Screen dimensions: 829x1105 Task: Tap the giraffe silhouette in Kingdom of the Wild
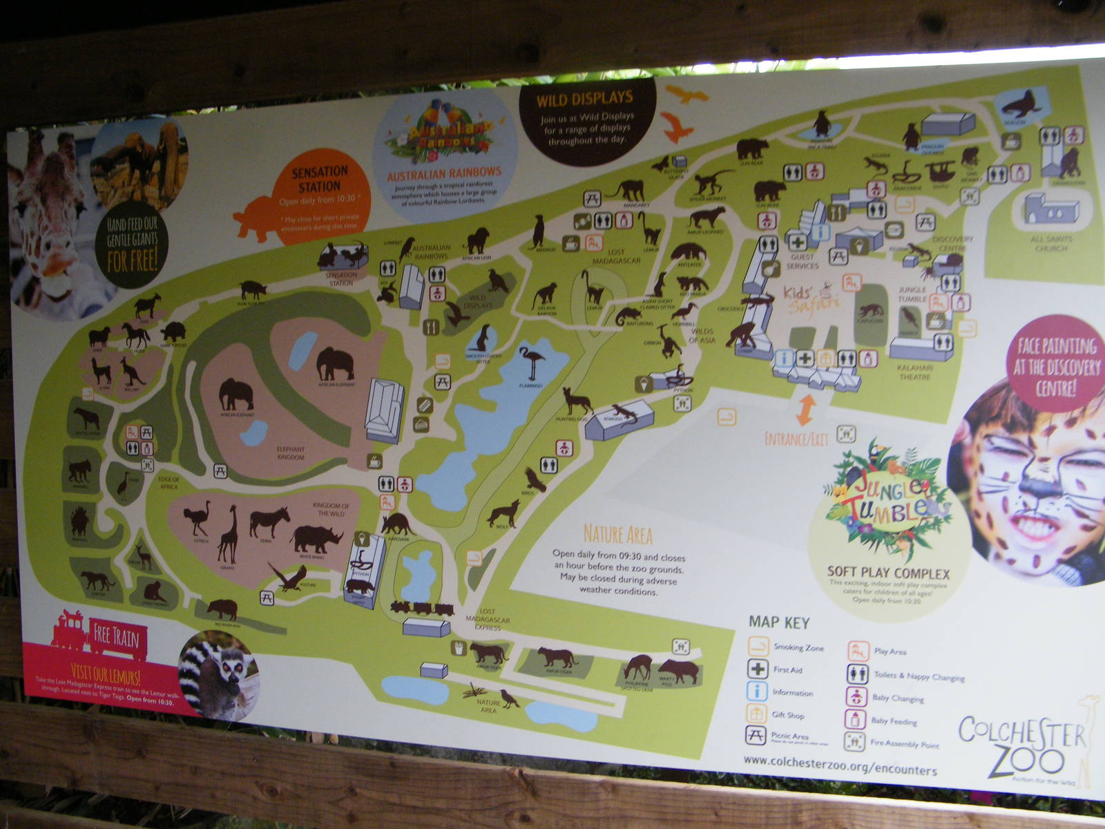coord(228,533)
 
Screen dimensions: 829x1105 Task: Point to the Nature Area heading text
coord(617,534)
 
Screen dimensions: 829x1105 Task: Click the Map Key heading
coord(779,622)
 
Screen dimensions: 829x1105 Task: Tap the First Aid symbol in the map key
coord(758,669)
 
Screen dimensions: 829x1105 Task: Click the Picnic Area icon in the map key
coord(756,735)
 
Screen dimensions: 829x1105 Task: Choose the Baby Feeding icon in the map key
coord(854,719)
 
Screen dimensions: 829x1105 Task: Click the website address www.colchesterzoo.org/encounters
coord(840,765)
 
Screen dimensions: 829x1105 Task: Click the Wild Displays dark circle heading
coord(584,99)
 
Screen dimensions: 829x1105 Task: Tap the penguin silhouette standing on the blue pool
coord(822,124)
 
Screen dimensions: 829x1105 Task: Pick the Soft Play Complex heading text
coord(888,573)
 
